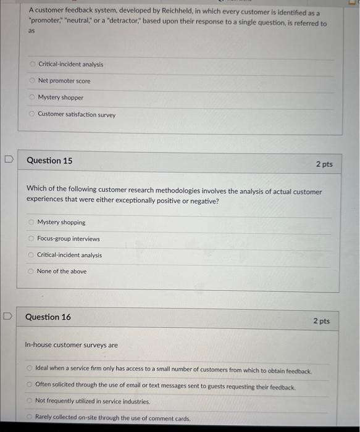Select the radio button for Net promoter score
tap(33, 81)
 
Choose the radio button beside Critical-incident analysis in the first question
tap(33, 64)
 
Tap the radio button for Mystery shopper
tap(33, 98)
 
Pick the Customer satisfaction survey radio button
tap(33, 114)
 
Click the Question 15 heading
tap(49, 160)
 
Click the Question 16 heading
tap(48, 317)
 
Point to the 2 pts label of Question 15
tap(324, 164)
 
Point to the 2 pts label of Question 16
tap(321, 321)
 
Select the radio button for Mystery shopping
tap(31, 222)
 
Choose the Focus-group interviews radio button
tap(31, 239)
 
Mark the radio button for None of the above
tap(31, 272)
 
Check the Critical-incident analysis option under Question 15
tap(31, 255)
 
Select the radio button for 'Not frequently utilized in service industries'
tap(30, 401)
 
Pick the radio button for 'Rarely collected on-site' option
tap(30, 418)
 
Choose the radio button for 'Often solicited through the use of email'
tap(30, 384)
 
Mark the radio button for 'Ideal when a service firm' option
tap(30, 368)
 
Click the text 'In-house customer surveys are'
tap(71, 345)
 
